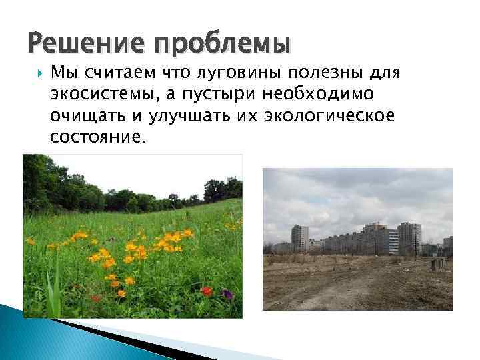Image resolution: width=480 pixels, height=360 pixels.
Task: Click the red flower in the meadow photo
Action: click(207, 291)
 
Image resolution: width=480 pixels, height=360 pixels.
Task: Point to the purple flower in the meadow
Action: click(227, 293)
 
